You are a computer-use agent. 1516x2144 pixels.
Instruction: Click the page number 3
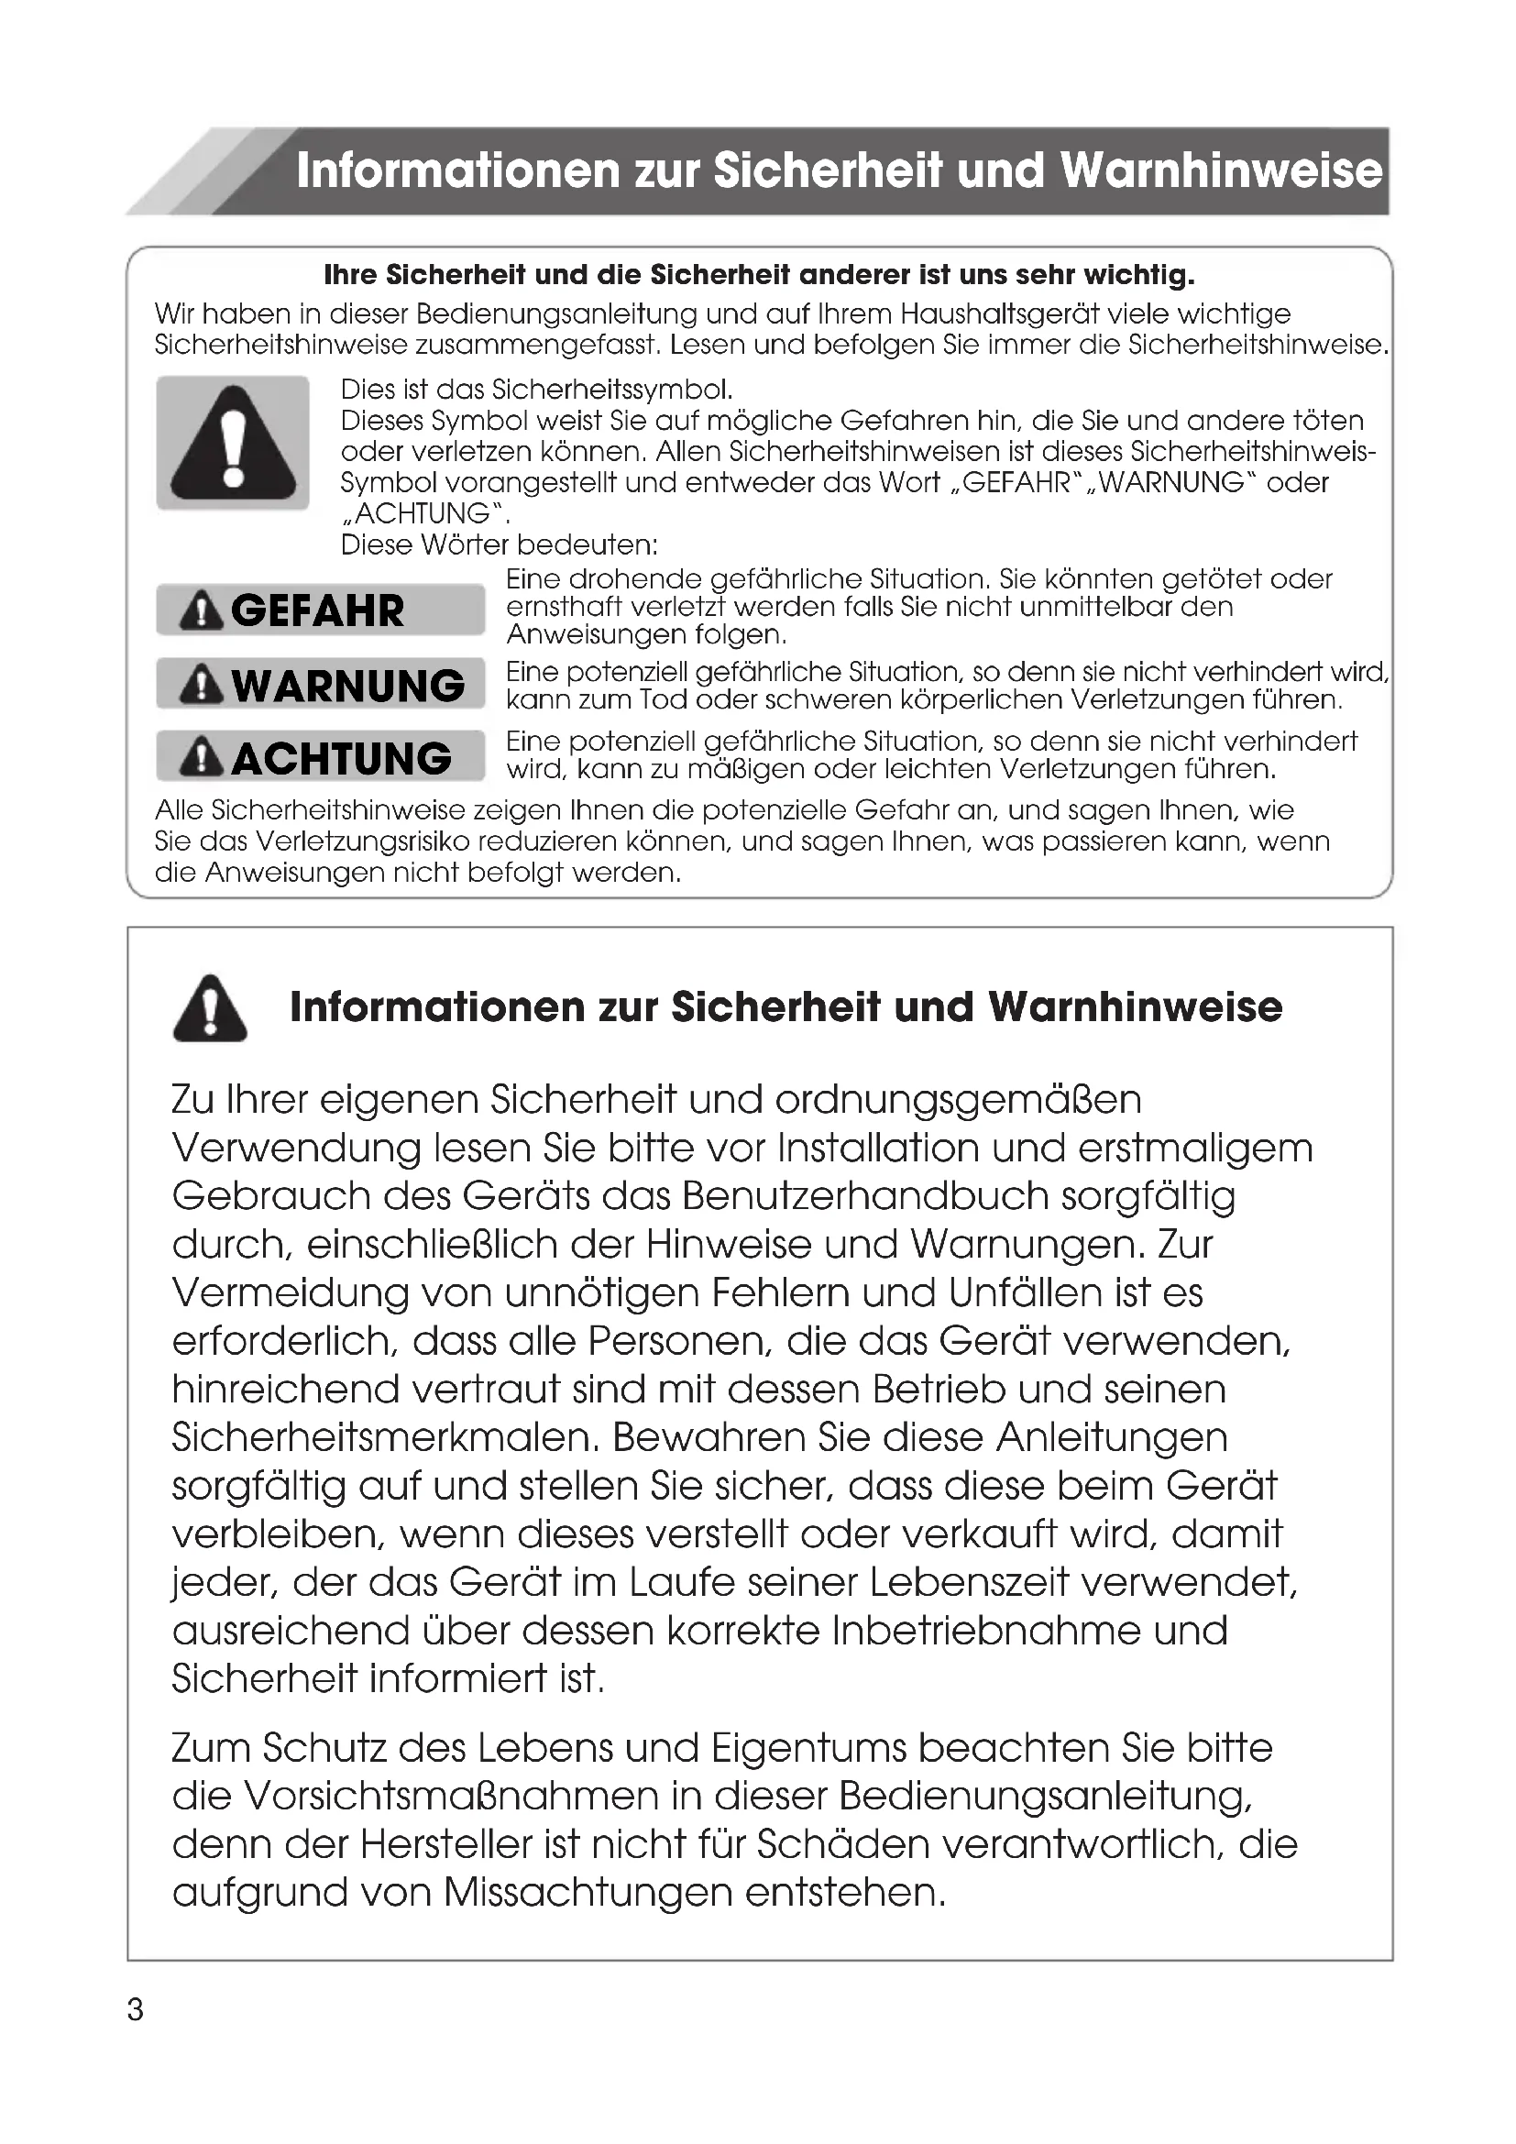pos(136,2010)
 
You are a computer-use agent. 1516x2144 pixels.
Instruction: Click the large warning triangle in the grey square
pos(233,443)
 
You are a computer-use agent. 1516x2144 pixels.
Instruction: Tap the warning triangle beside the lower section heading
pos(210,1008)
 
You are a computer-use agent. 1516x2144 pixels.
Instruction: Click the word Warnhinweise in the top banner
pos(1220,171)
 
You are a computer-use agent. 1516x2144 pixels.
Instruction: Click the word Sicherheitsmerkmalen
pos(384,1438)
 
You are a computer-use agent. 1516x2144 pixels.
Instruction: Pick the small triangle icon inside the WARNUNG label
pos(201,686)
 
